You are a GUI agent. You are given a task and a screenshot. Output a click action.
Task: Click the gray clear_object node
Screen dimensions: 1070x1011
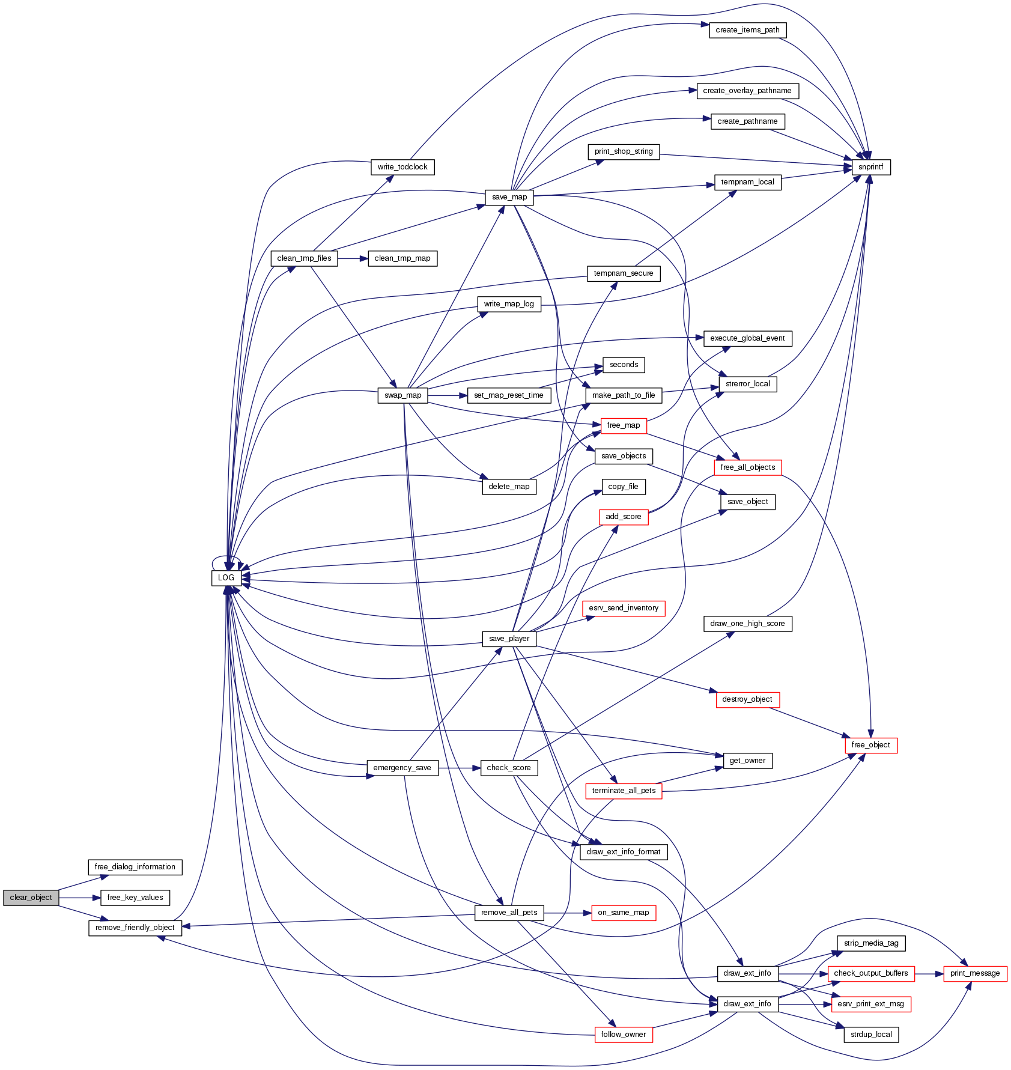(31, 898)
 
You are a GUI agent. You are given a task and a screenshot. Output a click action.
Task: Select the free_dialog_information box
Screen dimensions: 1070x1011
(135, 867)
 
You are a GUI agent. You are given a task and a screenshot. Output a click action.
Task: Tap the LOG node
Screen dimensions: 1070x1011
(226, 578)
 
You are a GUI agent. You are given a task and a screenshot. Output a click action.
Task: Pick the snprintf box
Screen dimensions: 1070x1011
(871, 167)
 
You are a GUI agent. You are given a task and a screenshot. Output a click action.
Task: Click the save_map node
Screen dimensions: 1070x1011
(509, 197)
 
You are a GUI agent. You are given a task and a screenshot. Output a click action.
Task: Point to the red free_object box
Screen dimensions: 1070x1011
(870, 745)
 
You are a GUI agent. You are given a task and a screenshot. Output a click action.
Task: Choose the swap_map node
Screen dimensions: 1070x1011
(402, 395)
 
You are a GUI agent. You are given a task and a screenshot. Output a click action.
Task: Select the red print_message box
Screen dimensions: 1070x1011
(975, 973)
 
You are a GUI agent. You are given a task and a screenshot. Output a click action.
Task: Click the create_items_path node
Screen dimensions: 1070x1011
(747, 30)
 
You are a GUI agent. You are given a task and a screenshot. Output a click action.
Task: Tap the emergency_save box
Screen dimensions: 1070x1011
(402, 768)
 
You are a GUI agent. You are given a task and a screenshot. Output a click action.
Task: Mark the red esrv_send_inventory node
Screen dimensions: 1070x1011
(624, 608)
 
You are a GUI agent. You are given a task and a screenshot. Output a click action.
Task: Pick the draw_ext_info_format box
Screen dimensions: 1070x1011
(624, 852)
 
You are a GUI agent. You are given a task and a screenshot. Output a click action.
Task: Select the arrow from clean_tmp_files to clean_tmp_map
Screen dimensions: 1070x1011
(353, 258)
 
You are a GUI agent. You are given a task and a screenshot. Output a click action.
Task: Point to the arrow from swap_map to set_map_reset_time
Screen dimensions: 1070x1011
(447, 395)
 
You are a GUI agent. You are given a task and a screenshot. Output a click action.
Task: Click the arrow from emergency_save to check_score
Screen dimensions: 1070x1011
(459, 768)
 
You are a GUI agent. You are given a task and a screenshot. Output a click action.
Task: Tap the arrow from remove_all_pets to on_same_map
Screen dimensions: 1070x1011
(567, 913)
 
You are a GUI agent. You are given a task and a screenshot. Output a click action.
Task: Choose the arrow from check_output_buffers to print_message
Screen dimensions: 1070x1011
(929, 973)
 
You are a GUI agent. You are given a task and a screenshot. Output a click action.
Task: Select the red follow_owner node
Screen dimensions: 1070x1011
(624, 1035)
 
